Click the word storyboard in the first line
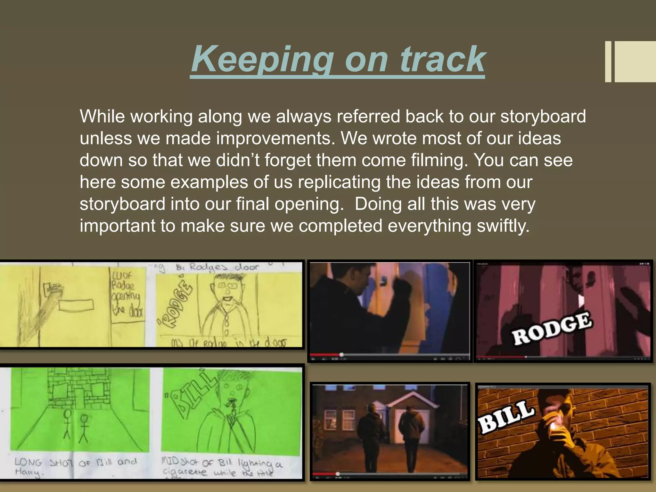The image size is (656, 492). [543, 116]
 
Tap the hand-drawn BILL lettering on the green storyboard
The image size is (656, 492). [192, 394]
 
